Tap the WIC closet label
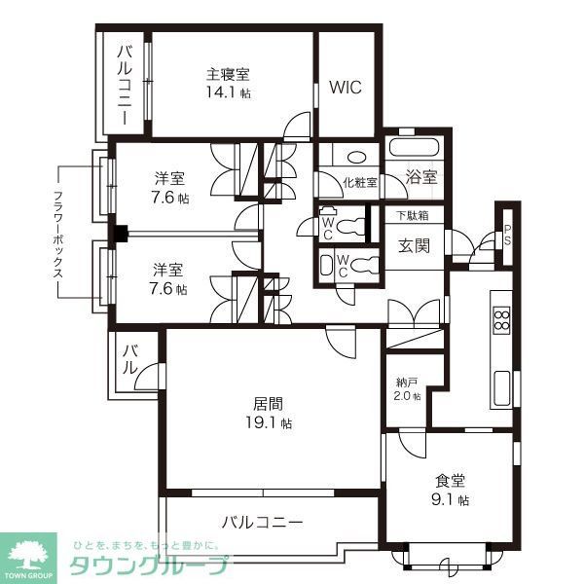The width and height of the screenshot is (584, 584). click(345, 87)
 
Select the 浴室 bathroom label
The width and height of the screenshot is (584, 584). click(421, 178)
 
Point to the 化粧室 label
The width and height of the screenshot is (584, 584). click(359, 181)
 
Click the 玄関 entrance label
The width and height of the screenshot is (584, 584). click(414, 246)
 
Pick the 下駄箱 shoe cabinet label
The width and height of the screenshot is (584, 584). click(412, 215)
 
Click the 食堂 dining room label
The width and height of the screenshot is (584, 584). click(449, 479)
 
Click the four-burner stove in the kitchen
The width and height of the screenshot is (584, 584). click(502, 320)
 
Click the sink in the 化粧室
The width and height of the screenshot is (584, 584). click(356, 157)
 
